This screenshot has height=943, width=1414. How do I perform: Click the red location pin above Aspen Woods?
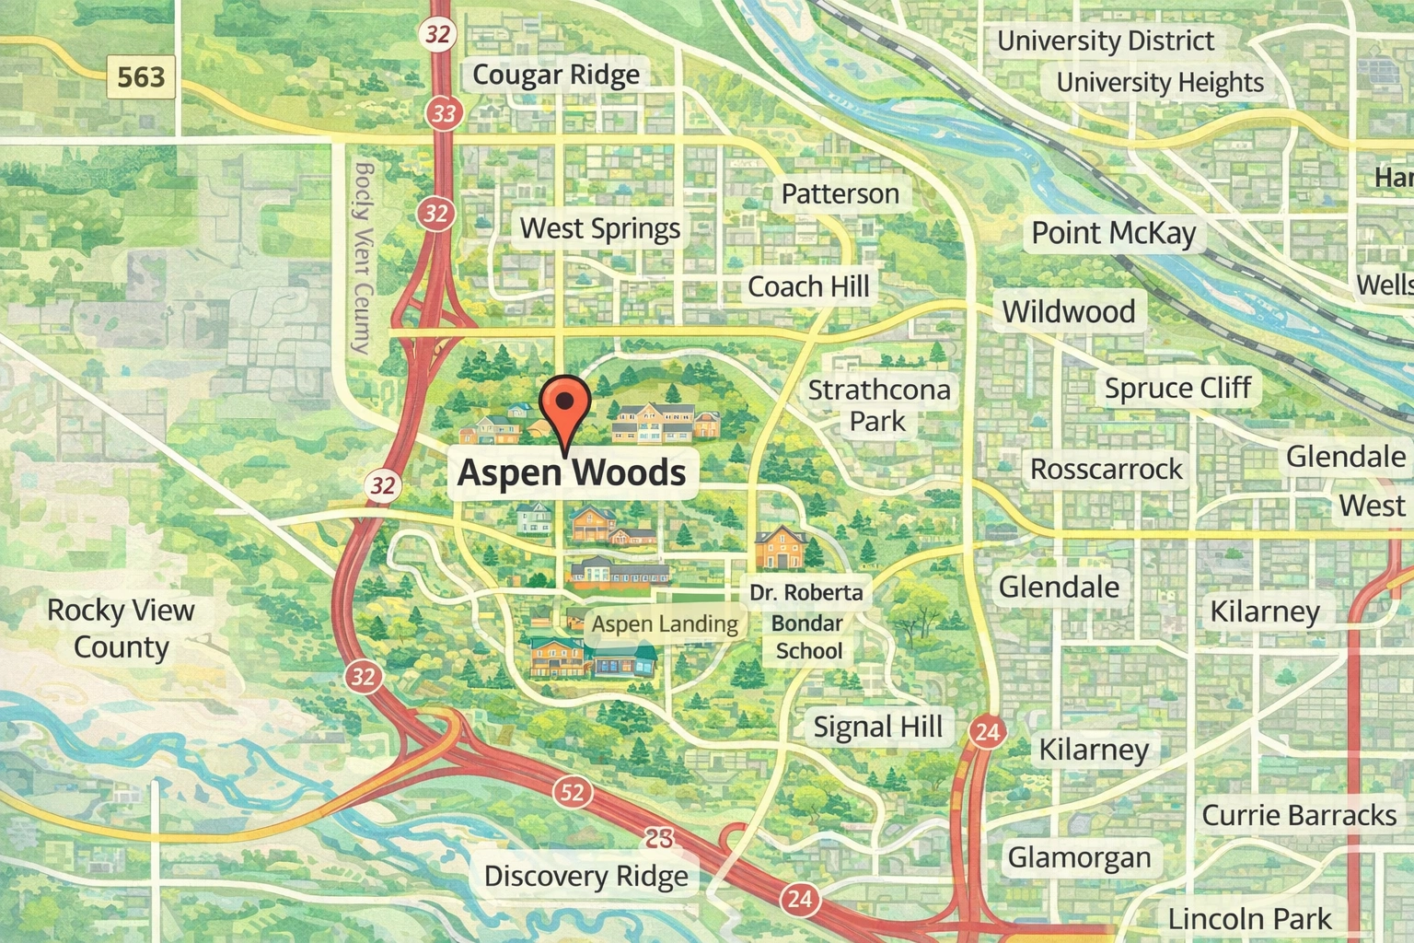[564, 405]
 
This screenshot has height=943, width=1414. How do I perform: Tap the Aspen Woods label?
[572, 472]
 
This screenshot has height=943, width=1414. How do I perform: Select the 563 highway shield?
[141, 76]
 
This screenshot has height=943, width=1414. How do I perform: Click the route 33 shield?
[444, 113]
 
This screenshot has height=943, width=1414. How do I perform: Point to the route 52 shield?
[572, 791]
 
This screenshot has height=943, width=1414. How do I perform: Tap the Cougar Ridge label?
[555, 75]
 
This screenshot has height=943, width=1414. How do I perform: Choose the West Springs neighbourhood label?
[599, 228]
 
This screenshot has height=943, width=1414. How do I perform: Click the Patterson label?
[840, 194]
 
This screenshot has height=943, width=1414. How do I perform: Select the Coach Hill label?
[808, 287]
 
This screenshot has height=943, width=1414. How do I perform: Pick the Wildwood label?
[1068, 312]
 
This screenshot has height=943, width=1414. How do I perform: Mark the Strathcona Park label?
[878, 405]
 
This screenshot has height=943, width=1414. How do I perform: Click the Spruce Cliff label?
[1177, 389]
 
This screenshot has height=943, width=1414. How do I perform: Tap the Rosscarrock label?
[1106, 470]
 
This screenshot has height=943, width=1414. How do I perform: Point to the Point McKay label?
[1113, 233]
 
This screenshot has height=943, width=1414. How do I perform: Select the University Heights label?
[1159, 83]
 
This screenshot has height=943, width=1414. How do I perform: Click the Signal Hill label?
[877, 728]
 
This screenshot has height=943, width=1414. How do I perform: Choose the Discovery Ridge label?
[585, 877]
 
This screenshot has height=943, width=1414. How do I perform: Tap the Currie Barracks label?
[1299, 816]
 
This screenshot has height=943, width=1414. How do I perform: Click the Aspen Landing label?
[665, 624]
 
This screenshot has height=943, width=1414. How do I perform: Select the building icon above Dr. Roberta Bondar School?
[780, 548]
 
